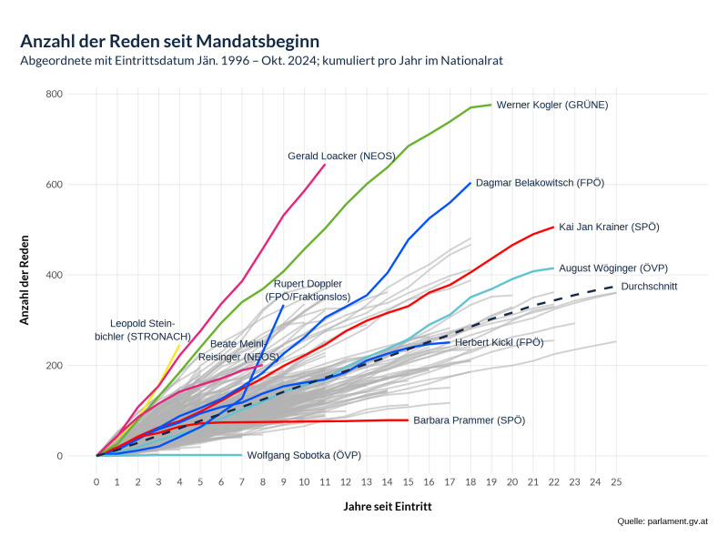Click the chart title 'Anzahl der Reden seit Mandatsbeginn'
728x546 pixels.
pyautogui.click(x=169, y=41)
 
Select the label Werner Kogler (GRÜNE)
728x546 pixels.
pyautogui.click(x=551, y=105)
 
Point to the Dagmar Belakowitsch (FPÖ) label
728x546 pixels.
pyautogui.click(x=540, y=183)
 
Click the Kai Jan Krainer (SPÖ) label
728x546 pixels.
pyautogui.click(x=609, y=227)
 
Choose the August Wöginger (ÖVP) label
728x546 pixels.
pyautogui.click(x=613, y=268)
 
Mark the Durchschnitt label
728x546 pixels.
pyautogui.click(x=649, y=287)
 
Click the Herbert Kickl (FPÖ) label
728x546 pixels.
pyautogui.click(x=499, y=342)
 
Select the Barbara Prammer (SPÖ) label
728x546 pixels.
pyautogui.click(x=469, y=420)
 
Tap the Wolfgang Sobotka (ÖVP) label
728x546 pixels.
pyautogui.click(x=304, y=454)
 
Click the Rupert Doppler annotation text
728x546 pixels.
pyautogui.click(x=308, y=289)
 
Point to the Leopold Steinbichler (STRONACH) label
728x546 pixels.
pyautogui.click(x=143, y=329)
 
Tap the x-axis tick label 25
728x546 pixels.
pyautogui.click(x=615, y=482)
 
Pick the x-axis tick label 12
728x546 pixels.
pyautogui.click(x=346, y=482)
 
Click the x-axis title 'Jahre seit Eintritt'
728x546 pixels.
pyautogui.click(x=388, y=505)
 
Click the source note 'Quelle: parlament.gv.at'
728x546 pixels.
pyautogui.click(x=662, y=521)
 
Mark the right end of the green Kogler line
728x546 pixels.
pyautogui.click(x=491, y=105)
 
